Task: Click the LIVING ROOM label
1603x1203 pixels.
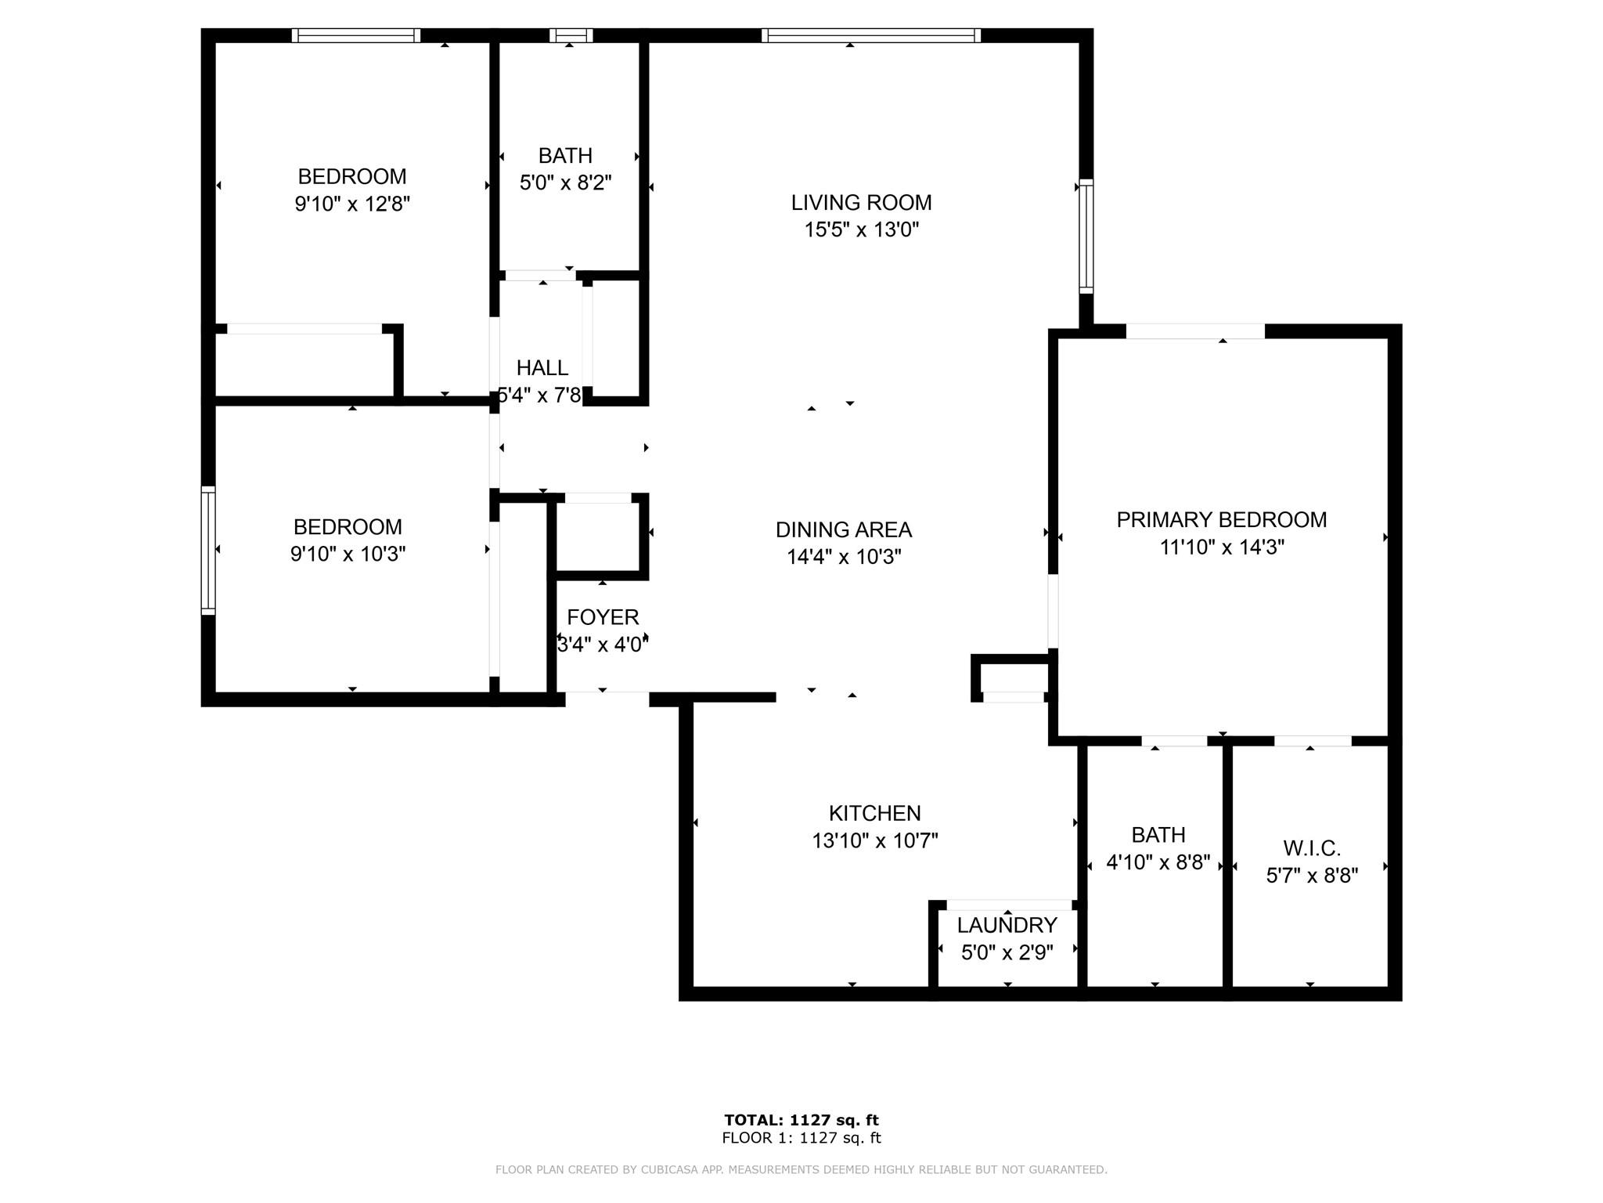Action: (x=861, y=203)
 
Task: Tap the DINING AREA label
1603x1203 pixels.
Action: (x=844, y=530)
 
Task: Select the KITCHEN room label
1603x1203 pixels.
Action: (x=875, y=813)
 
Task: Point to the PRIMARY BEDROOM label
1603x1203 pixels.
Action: (x=1222, y=520)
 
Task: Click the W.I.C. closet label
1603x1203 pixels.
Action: (x=1313, y=848)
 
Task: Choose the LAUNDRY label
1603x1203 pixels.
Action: (x=1007, y=926)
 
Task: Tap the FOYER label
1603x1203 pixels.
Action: (x=603, y=618)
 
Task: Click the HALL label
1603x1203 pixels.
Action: (x=542, y=368)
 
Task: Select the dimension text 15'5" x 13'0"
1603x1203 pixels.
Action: (x=861, y=230)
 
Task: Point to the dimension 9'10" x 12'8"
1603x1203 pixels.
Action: (x=352, y=204)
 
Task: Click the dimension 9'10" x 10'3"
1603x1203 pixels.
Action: (x=348, y=555)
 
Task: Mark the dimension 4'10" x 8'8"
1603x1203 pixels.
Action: (x=1158, y=863)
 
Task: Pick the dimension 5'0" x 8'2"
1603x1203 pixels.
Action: (x=566, y=183)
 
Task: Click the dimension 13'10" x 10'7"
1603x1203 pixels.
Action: (x=875, y=841)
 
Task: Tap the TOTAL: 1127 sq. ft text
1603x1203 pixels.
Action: (x=801, y=1120)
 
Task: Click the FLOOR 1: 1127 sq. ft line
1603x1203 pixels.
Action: (x=801, y=1138)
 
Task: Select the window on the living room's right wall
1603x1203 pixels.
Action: (x=1086, y=237)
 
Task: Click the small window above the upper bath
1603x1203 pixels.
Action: (x=571, y=35)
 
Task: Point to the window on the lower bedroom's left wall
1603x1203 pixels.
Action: (x=208, y=550)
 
